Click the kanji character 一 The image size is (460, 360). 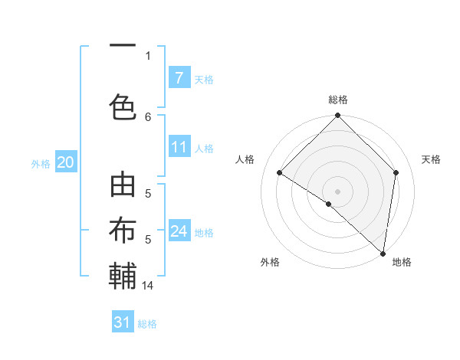123,46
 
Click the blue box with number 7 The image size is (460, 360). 179,78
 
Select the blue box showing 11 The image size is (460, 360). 179,148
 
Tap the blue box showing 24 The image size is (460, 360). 179,231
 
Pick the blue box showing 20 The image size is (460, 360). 65,162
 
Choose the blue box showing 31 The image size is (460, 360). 123,322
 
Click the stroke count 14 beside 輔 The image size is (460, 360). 148,286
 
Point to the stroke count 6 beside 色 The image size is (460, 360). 148,116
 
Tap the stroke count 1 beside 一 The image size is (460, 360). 148,55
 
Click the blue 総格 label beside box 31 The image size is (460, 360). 147,324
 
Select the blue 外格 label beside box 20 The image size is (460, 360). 41,163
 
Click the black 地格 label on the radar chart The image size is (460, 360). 402,262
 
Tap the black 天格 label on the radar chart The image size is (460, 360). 431,159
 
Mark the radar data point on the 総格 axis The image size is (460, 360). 337,116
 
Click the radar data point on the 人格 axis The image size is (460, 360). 280,173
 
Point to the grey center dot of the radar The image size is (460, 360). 337,191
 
